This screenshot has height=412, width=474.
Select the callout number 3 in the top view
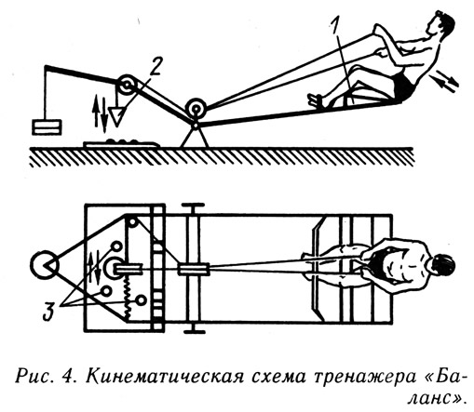click(x=48, y=311)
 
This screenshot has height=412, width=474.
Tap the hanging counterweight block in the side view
click(x=47, y=127)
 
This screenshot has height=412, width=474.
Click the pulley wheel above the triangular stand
click(x=196, y=109)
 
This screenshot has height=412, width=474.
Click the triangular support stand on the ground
click(x=195, y=136)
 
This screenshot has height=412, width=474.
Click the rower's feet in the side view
click(x=317, y=100)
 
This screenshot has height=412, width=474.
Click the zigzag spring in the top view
click(x=128, y=296)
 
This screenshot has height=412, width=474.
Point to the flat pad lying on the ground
click(x=122, y=143)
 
